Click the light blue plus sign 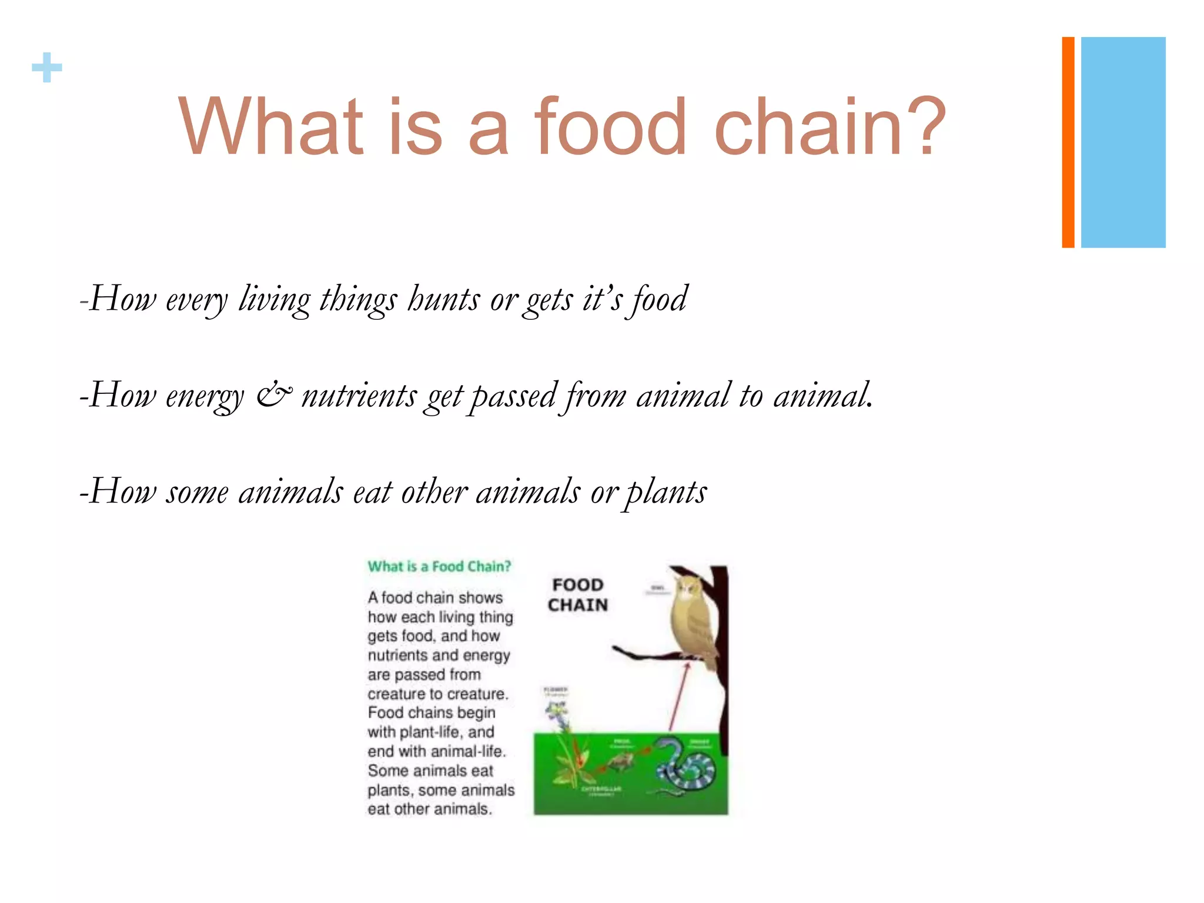(x=47, y=68)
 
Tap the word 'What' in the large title (x=271, y=127)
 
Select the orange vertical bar (x=1068, y=142)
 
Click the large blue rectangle (x=1123, y=142)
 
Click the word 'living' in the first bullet (x=274, y=300)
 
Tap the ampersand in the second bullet (x=273, y=395)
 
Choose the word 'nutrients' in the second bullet (x=359, y=395)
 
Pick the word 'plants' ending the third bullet (x=666, y=493)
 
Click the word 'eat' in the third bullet (x=372, y=493)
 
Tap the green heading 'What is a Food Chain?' (x=439, y=566)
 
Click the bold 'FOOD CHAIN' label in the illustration (x=577, y=594)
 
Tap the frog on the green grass (x=620, y=762)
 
